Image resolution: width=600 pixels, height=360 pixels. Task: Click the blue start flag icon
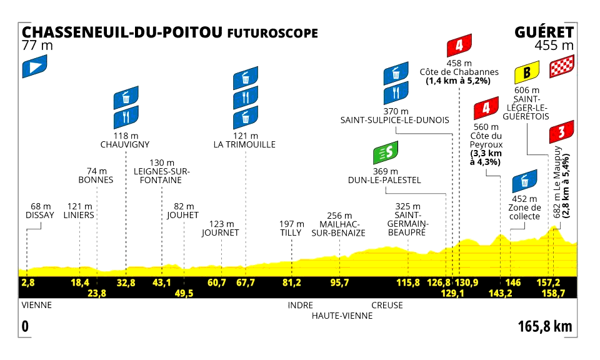pos(34,67)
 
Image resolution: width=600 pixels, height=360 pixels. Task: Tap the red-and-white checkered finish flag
pos(561,67)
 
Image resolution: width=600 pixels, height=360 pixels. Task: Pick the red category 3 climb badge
pos(561,131)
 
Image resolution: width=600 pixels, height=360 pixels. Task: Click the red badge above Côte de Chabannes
pos(459,46)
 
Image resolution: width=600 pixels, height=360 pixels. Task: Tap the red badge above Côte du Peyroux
pos(485,110)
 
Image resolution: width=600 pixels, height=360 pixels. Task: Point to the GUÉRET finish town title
pos(544,32)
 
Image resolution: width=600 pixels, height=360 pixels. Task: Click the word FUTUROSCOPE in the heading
pos(272,32)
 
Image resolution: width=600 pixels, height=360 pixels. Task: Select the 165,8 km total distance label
pos(545,326)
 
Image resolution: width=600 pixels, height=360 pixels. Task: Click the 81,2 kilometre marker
pos(292,282)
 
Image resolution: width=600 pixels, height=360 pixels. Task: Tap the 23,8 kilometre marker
pos(97,292)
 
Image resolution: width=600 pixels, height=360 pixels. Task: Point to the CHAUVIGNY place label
pos(125,144)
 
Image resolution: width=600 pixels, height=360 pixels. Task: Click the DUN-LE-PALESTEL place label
pos(384,180)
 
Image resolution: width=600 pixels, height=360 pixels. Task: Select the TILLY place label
pos(291,232)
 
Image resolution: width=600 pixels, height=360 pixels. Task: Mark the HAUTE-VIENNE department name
pos(342,316)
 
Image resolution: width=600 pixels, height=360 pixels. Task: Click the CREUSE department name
pos(387,306)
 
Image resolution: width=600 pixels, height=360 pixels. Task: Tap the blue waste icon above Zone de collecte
pos(524,182)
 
